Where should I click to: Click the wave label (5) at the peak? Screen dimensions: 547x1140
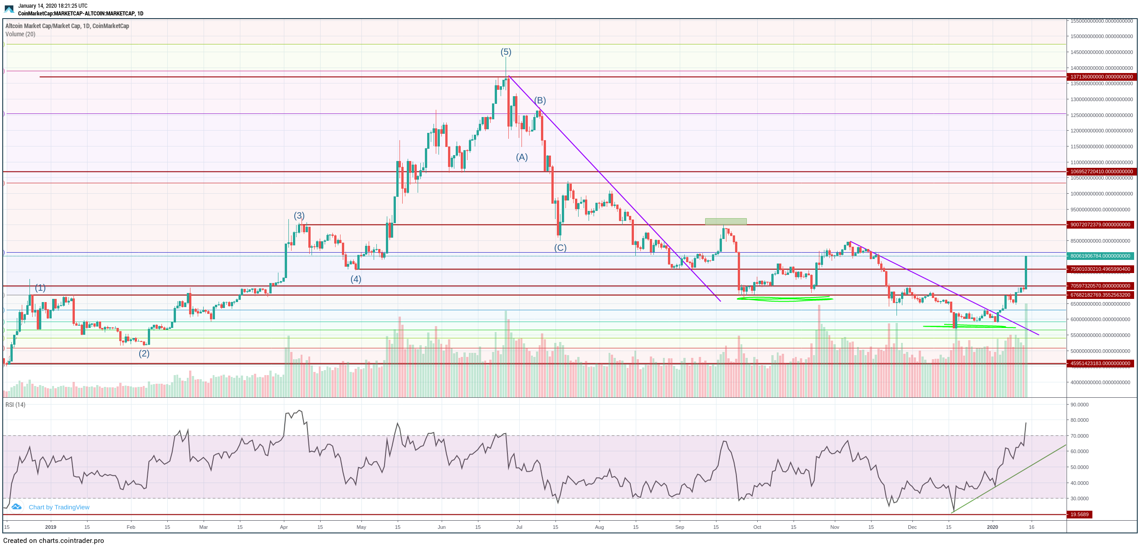point(506,52)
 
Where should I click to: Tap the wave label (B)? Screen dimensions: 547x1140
point(540,100)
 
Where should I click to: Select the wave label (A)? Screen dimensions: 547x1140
point(522,157)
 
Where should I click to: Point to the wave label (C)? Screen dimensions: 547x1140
point(560,248)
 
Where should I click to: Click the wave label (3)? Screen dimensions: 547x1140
point(299,215)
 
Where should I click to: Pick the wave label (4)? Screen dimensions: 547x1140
point(356,279)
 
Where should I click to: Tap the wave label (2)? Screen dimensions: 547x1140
point(144,353)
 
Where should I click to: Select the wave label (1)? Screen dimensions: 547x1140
point(40,288)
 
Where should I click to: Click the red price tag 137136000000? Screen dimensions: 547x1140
point(1101,77)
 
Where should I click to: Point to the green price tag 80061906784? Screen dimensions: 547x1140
point(1101,256)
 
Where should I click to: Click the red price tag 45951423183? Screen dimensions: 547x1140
point(1101,363)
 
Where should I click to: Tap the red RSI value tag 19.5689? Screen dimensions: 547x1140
point(1079,514)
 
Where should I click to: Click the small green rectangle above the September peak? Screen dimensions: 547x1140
point(726,221)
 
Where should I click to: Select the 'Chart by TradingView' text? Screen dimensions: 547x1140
point(59,507)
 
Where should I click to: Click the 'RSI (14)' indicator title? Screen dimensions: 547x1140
point(15,405)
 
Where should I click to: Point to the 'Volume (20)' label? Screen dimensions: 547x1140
point(20,34)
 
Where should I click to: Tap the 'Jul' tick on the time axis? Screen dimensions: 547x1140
point(519,527)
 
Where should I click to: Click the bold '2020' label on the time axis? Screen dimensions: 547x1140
point(993,527)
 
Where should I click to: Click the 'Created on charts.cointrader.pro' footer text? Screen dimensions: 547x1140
point(54,541)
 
